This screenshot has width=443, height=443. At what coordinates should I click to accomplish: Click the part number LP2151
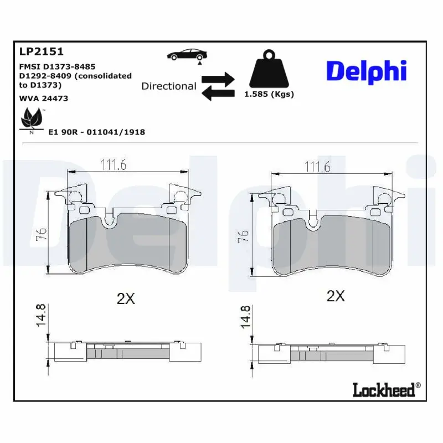click(42, 51)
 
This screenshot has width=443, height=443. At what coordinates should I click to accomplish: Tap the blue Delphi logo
click(366, 72)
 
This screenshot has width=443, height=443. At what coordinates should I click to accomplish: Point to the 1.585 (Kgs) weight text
click(269, 94)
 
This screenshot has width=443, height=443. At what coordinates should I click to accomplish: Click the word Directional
click(168, 86)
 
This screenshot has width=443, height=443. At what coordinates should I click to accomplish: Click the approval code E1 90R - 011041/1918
click(96, 132)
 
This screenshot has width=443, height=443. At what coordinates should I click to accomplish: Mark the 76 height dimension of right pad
click(243, 238)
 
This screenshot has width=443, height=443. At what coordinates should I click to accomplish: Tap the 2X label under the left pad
click(126, 298)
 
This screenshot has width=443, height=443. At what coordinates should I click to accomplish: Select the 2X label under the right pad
click(336, 296)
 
